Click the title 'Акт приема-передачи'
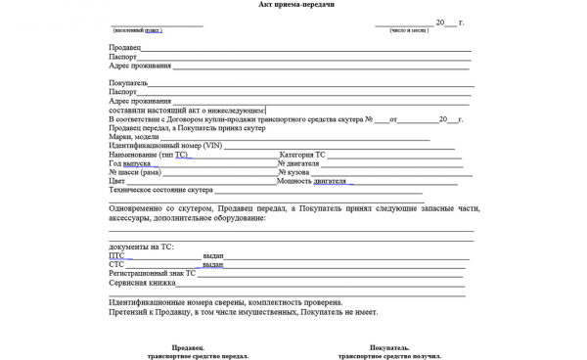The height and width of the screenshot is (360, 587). (x=293, y=5)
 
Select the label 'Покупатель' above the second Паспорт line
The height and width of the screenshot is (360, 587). (x=132, y=83)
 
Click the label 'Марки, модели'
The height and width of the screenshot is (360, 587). (x=133, y=137)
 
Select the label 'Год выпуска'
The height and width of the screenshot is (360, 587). (x=128, y=163)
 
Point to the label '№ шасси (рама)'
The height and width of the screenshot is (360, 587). (x=136, y=172)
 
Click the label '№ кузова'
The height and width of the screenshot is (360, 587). (x=298, y=172)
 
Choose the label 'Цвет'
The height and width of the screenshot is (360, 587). (x=117, y=181)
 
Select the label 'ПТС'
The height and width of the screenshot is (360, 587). (x=116, y=255)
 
